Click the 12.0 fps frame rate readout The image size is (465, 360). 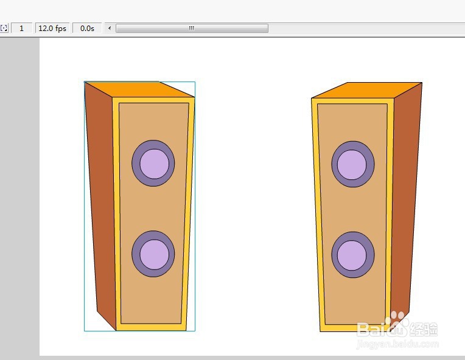(x=52, y=28)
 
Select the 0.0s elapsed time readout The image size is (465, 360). (x=87, y=28)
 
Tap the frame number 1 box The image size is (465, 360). (x=21, y=28)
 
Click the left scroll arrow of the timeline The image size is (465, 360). (x=110, y=28)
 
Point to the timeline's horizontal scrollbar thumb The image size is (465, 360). (x=192, y=28)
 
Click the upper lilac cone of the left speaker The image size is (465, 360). (x=155, y=164)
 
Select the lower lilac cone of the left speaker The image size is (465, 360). (x=155, y=255)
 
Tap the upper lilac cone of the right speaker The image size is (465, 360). (x=352, y=165)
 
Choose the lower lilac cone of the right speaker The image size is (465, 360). (x=352, y=255)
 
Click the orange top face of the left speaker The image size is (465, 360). (x=139, y=89)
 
